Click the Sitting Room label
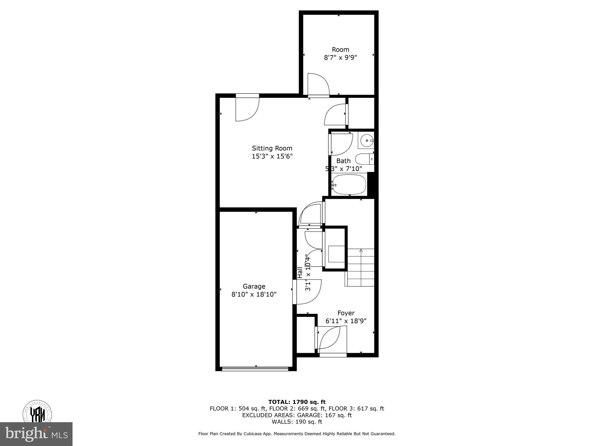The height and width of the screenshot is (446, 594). click(272, 148)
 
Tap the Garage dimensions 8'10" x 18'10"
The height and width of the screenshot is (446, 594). click(254, 294)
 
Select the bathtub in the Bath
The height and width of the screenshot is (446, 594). click(349, 184)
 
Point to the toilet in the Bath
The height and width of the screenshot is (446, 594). click(364, 159)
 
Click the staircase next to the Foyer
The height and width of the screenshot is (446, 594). click(361, 267)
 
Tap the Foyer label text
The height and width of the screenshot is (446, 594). click(346, 313)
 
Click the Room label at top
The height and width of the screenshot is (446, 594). click(340, 50)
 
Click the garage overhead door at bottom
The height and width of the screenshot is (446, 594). click(255, 369)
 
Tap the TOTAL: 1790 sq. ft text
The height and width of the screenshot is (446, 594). click(297, 402)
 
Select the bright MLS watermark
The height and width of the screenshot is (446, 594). click(36, 434)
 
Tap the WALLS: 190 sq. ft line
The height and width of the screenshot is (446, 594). click(297, 422)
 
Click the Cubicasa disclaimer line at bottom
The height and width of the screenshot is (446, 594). click(297, 434)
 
